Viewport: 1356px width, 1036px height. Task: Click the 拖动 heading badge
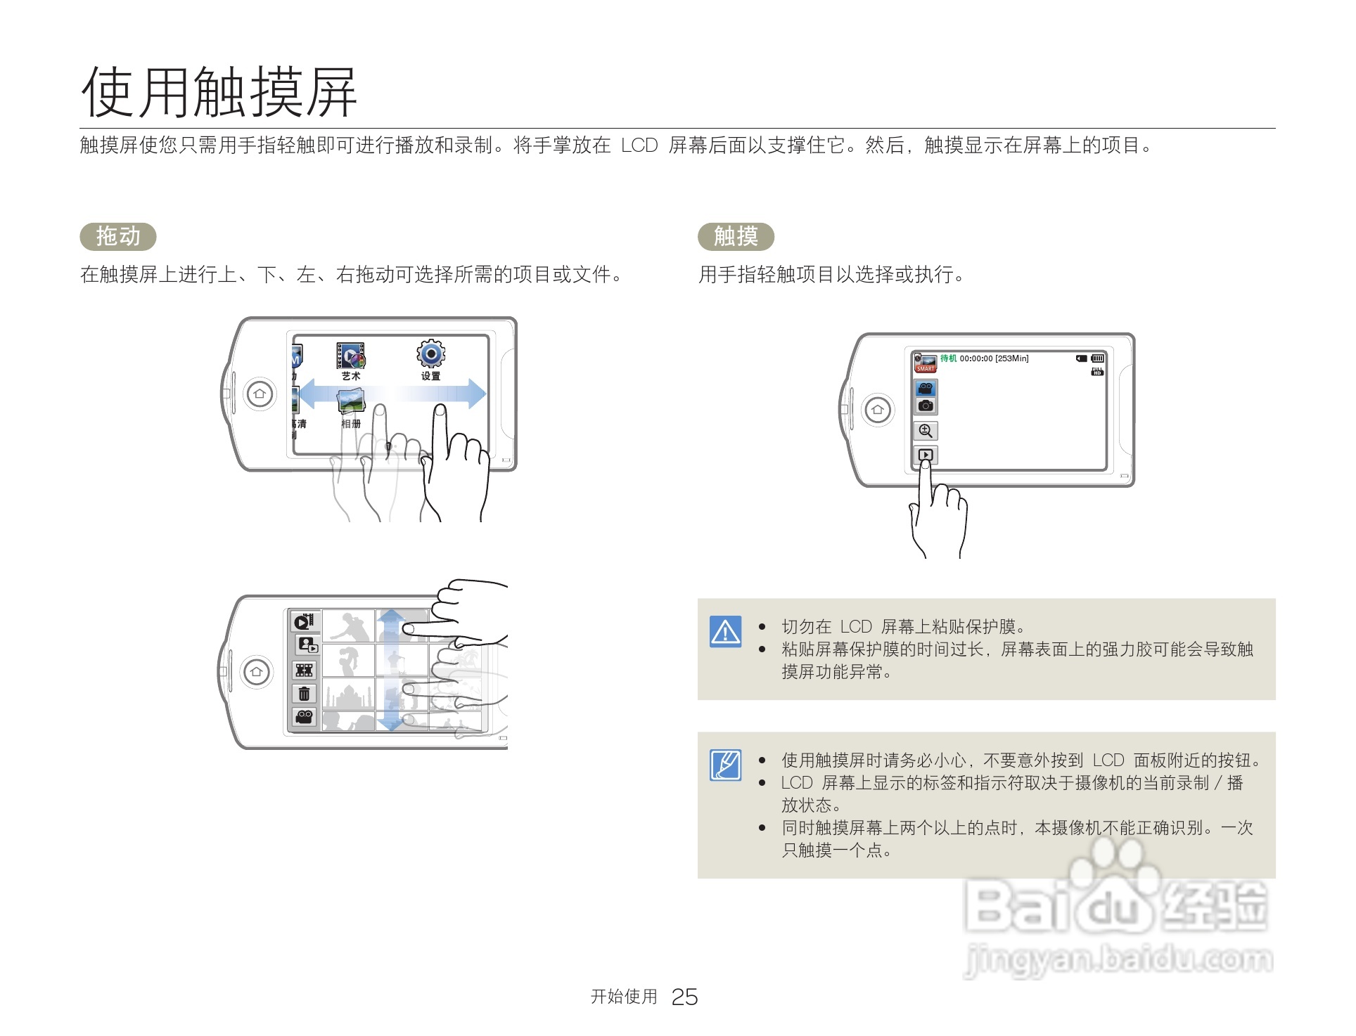tap(118, 236)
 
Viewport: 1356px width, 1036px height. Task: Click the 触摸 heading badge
tap(736, 236)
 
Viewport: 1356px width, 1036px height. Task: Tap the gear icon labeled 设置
tap(430, 354)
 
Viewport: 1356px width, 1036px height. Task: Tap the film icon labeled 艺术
tap(350, 356)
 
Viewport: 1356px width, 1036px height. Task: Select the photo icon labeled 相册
tap(351, 403)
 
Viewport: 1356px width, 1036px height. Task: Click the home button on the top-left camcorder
tap(260, 394)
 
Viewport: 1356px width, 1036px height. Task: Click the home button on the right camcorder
tap(877, 410)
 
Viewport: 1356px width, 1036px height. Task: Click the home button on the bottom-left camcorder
tap(256, 672)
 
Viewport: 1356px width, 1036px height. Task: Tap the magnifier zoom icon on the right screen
tap(926, 431)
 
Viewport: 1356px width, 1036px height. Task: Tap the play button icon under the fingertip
tap(926, 455)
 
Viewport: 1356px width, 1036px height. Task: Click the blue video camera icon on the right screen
tap(926, 389)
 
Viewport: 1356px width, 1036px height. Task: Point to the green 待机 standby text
tap(948, 358)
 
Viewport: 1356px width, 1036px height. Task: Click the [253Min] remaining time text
tap(1012, 358)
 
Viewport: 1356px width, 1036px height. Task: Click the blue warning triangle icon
tap(725, 632)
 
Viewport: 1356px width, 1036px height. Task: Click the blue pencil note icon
tap(725, 765)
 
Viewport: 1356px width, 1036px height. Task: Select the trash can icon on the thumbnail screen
tap(304, 694)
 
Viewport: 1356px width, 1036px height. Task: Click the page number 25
tap(684, 997)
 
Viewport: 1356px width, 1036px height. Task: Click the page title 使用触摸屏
tap(219, 92)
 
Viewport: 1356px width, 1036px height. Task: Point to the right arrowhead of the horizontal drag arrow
tap(478, 394)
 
